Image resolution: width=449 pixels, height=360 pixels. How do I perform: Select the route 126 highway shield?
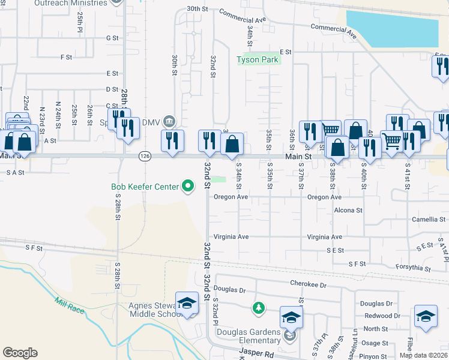(145, 156)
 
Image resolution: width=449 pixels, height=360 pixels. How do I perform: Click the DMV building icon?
(169, 122)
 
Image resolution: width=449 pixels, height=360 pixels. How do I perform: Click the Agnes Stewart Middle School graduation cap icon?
(187, 301)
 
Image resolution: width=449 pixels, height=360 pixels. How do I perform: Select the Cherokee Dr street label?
(307, 286)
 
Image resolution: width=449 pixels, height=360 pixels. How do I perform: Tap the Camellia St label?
(429, 220)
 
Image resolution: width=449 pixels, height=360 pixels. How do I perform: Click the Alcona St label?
(348, 211)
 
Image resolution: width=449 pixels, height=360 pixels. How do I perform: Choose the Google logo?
(20, 353)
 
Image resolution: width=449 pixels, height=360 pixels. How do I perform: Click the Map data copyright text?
(423, 355)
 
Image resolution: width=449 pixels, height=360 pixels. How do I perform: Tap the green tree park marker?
(258, 308)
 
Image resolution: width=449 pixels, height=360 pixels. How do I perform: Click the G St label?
(112, 38)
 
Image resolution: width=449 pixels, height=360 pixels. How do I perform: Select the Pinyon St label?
(374, 356)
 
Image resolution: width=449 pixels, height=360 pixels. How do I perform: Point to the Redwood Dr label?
(382, 316)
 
